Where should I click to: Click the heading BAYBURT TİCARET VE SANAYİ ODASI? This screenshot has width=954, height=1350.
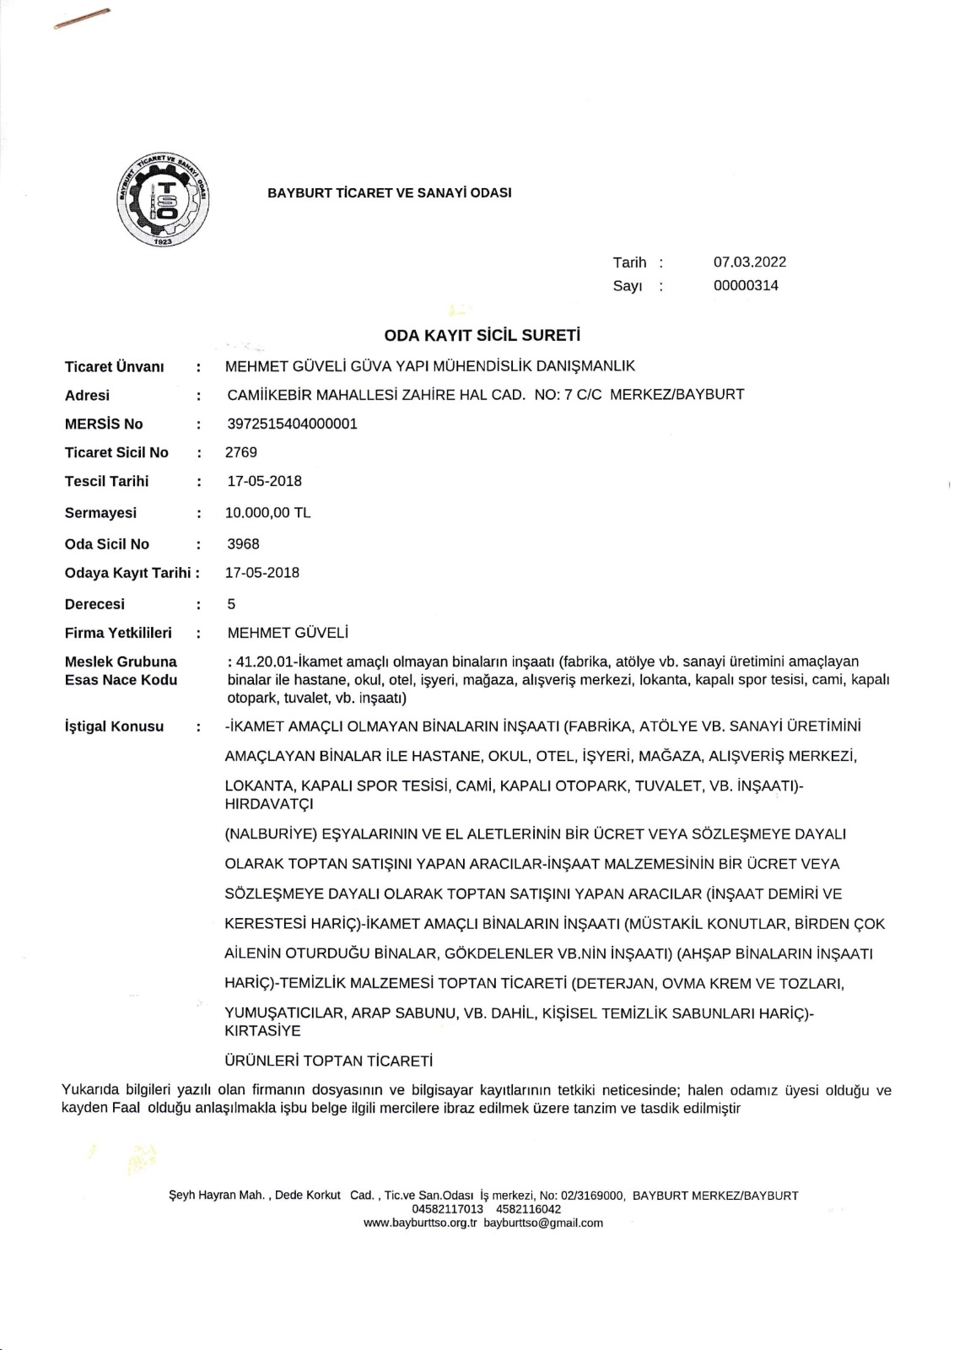[390, 193]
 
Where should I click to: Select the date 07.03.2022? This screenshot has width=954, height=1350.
[749, 262]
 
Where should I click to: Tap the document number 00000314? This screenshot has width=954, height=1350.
[746, 285]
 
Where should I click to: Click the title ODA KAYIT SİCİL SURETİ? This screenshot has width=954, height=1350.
[482, 336]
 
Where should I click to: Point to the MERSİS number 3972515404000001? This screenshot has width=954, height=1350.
[292, 424]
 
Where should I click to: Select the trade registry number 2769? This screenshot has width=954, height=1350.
[241, 452]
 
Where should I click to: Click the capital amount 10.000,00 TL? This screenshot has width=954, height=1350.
[267, 513]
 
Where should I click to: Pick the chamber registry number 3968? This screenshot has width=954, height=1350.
[243, 544]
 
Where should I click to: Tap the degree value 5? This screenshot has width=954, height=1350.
[231, 604]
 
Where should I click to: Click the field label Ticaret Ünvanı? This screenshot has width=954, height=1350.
[115, 367]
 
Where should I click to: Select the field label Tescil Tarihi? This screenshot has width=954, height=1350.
[106, 482]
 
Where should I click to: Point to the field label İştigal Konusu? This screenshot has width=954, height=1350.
[114, 726]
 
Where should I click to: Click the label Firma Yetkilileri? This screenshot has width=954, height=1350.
[118, 633]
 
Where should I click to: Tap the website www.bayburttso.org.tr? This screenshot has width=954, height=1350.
[420, 1223]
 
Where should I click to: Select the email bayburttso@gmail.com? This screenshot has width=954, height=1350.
[543, 1223]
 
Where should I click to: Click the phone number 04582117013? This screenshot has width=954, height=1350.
[447, 1209]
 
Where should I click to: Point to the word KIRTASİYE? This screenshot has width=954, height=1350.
[262, 1031]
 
